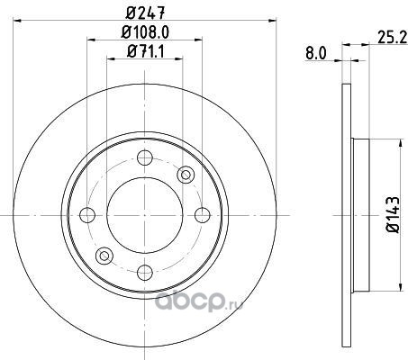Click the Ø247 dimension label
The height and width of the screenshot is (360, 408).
point(145,13)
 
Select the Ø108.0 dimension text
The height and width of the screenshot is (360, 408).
point(145,31)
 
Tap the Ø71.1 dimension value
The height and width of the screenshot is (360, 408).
point(146,51)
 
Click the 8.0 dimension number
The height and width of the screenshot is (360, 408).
point(315,54)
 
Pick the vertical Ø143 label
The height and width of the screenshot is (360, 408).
point(393,215)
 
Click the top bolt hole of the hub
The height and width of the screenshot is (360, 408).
point(145,157)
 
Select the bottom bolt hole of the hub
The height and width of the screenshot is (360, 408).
point(145,273)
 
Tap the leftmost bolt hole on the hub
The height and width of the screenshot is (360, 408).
point(87,215)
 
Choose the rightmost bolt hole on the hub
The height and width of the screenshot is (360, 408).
point(203,215)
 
